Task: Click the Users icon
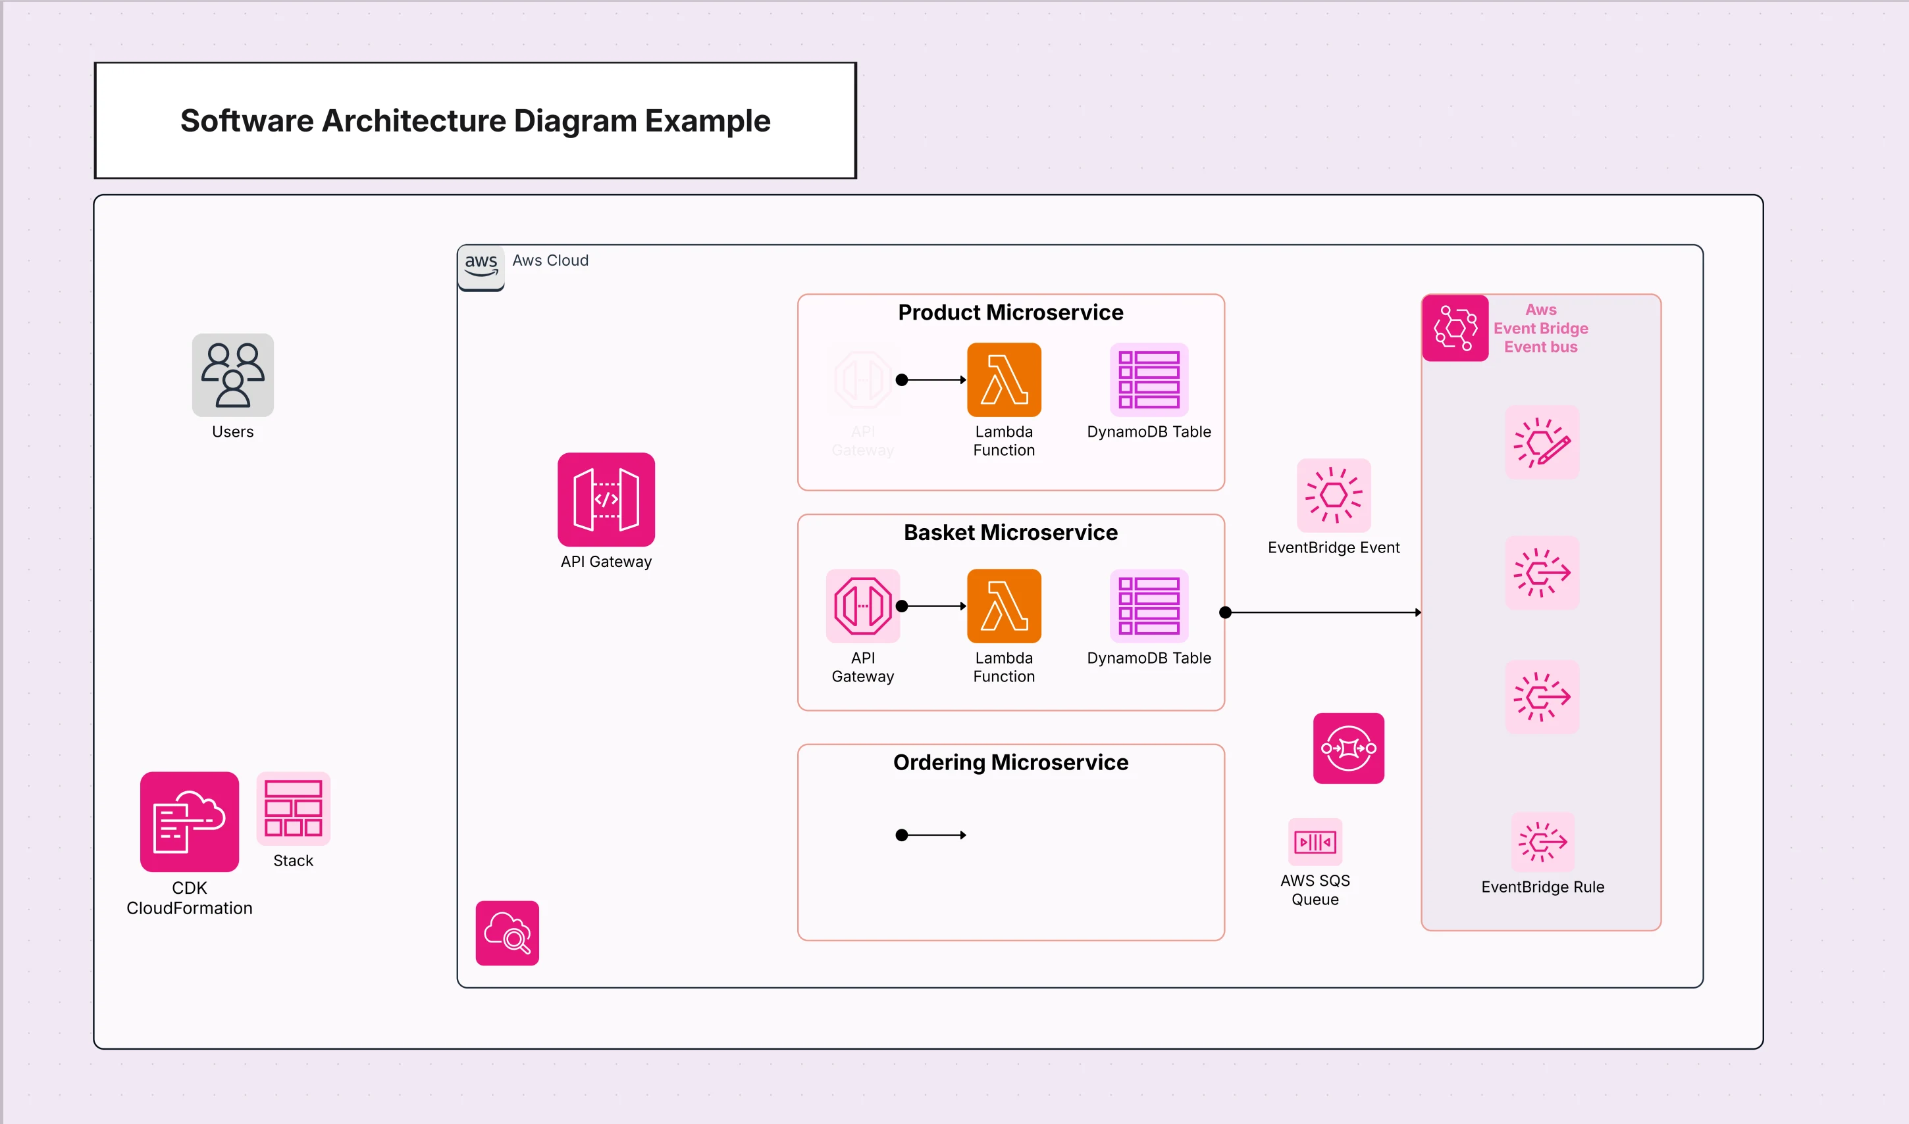[x=232, y=375]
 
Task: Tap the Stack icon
[x=294, y=808]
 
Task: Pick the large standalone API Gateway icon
[x=606, y=499]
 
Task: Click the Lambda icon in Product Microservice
[x=1003, y=379]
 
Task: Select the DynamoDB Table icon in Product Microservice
[x=1148, y=379]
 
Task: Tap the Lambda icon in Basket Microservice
[x=1003, y=605]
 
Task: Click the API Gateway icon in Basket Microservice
[x=862, y=605]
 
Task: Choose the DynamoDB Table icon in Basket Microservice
[x=1148, y=605]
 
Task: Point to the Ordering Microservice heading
[x=1010, y=762]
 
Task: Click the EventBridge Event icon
[x=1333, y=495]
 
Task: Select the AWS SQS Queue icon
[x=1315, y=841]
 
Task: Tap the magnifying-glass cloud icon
[x=507, y=933]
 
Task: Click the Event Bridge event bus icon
[x=1454, y=328]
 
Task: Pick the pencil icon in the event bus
[x=1542, y=443]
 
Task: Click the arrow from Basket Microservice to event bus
[x=1322, y=612]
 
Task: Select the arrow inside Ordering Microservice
[x=932, y=835]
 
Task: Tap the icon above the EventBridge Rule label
[x=1542, y=841]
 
